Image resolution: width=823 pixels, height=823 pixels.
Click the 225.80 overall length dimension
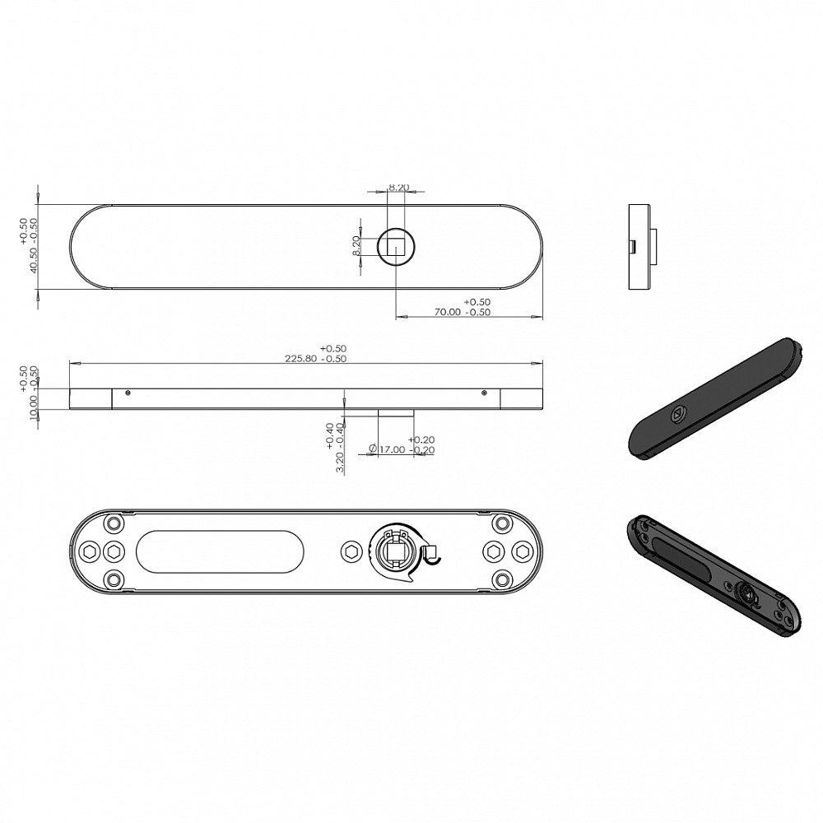point(300,359)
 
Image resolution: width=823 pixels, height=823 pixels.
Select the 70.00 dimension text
point(448,312)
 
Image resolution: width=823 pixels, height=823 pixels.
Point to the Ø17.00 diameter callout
point(387,450)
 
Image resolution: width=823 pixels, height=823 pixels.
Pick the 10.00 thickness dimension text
point(33,408)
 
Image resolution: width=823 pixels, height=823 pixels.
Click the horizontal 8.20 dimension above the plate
point(399,188)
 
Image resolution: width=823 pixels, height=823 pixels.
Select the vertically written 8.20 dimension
point(356,245)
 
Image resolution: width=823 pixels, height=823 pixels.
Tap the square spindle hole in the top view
point(396,245)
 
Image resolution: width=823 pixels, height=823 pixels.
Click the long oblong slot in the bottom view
point(220,551)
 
